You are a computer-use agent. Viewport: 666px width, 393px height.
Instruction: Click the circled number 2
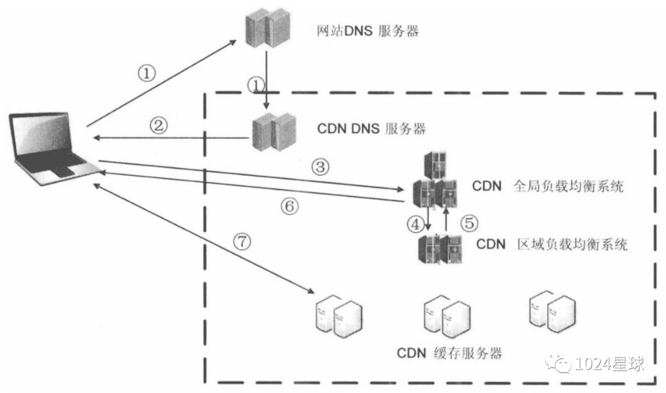(x=158, y=126)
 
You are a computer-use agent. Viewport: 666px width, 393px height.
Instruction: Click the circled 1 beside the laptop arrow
(x=146, y=73)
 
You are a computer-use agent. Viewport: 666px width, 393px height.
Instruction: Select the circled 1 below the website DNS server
(x=255, y=83)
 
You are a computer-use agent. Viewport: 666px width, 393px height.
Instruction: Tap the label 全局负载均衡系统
(x=568, y=186)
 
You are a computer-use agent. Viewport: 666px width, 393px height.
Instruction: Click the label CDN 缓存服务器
(x=450, y=353)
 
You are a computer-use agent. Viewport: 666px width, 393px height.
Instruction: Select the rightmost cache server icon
(x=553, y=309)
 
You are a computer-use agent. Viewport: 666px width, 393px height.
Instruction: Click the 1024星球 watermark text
(x=610, y=363)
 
